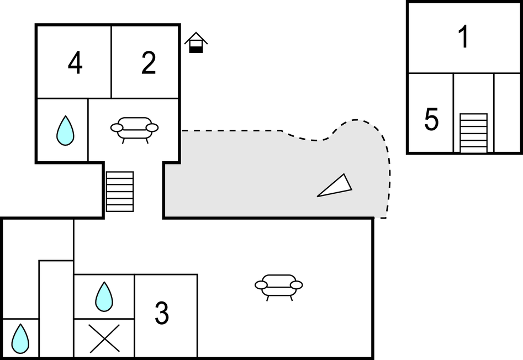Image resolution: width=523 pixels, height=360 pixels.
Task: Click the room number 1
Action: click(464, 37)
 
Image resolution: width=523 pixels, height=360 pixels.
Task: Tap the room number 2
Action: click(148, 63)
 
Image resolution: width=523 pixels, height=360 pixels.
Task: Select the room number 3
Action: click(161, 314)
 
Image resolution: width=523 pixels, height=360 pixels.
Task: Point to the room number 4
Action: click(75, 63)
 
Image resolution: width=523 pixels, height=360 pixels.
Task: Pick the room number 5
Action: click(432, 120)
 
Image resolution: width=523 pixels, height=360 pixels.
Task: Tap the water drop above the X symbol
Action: click(104, 297)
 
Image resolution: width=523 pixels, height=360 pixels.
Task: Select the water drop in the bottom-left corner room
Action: click(20, 338)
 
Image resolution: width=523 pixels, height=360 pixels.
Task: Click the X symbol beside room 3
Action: click(104, 338)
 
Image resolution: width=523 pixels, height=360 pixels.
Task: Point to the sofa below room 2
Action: click(134, 129)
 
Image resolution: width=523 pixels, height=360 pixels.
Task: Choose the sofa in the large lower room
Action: click(279, 285)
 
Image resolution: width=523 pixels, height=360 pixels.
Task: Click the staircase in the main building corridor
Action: click(120, 192)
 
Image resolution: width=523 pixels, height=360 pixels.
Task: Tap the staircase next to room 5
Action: click(473, 133)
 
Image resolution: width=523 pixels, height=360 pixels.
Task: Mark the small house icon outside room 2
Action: click(196, 43)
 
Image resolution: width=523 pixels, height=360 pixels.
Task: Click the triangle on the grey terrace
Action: click(336, 186)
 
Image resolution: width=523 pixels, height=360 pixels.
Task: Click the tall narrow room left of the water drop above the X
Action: click(56, 309)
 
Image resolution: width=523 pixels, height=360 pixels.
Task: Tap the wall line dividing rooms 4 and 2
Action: click(112, 62)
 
